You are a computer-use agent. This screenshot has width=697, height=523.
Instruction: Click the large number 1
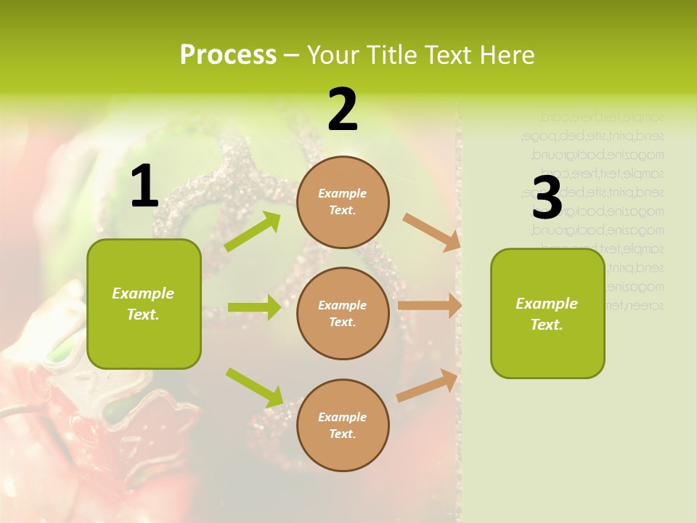(144, 187)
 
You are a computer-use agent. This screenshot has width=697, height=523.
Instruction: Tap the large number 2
(343, 110)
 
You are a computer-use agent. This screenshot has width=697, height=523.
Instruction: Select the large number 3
(547, 198)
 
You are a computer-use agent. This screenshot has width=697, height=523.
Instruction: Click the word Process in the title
(228, 55)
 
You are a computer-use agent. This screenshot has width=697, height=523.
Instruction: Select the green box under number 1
(144, 304)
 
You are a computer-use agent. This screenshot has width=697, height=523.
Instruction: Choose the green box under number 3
(547, 314)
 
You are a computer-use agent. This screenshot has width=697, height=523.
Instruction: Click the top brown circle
(343, 202)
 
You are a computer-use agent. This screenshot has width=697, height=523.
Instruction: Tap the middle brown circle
(343, 314)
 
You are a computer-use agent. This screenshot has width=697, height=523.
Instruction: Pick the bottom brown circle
(343, 426)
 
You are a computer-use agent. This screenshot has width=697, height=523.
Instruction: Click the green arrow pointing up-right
(253, 232)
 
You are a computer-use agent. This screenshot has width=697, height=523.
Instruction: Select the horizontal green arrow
(254, 307)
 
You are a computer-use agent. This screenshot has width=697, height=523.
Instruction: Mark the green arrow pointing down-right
(255, 387)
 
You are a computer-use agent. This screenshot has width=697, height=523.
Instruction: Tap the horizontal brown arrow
(430, 306)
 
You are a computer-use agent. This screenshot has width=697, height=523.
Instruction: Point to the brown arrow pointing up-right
(428, 385)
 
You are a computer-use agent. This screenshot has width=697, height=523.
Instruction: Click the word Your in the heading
(334, 55)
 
